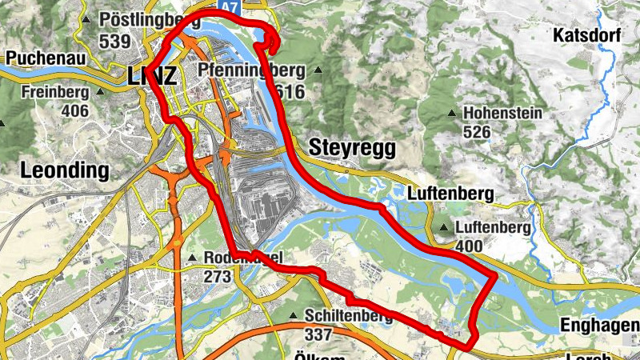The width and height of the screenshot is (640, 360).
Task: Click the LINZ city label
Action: tap(151, 77)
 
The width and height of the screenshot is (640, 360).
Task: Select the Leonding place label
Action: tap(64, 170)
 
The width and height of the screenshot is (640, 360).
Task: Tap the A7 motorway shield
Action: tap(230, 6)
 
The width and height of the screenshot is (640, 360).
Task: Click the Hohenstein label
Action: tap(502, 113)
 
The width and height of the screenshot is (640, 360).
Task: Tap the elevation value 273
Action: tap(217, 276)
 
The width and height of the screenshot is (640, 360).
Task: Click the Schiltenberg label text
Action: tap(347, 317)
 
